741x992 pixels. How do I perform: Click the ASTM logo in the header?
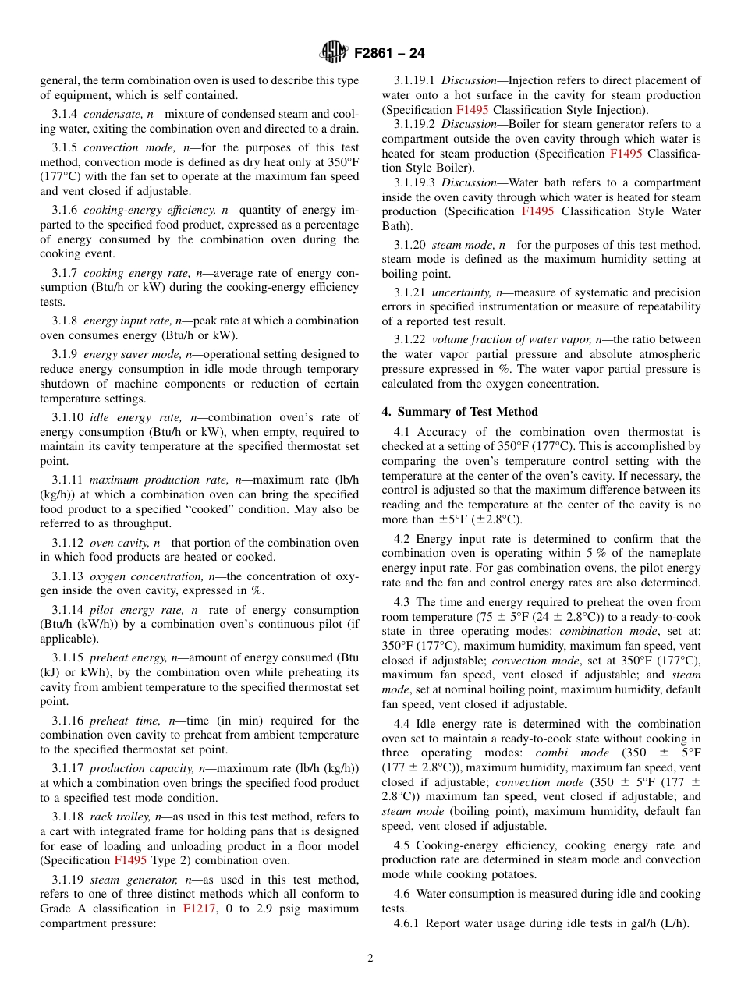click(334, 53)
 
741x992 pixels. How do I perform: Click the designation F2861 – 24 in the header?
click(389, 54)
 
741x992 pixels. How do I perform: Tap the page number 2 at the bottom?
click(370, 958)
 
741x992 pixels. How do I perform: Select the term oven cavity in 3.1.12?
click(119, 543)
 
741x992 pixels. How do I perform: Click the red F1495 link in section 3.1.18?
click(129, 860)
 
